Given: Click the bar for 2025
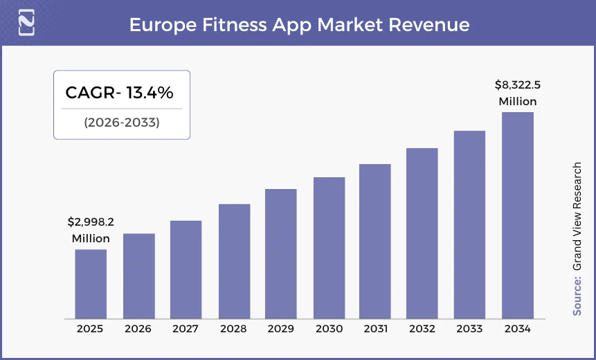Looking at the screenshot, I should pos(91,283).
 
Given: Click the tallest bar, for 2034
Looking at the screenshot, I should pos(518,215).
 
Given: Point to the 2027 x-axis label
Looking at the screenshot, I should pos(186,329).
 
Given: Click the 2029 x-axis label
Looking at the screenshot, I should pos(280,329).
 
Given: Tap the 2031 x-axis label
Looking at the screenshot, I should pos(375,329).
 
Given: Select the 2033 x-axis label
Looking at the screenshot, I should pos(469,329).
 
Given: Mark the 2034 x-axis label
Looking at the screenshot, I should pos(518,329).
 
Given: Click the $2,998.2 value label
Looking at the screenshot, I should pos(91,222).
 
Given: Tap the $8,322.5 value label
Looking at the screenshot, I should pos(518,85).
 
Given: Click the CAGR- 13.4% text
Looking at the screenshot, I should pos(119,93).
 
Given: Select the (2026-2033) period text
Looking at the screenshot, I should pos(122,123).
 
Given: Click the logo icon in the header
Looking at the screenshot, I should pos(26,24).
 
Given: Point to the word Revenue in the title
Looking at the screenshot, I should pos(429,25).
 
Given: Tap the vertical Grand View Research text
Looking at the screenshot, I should pos(577,216).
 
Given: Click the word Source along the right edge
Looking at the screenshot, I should pos(577,296).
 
